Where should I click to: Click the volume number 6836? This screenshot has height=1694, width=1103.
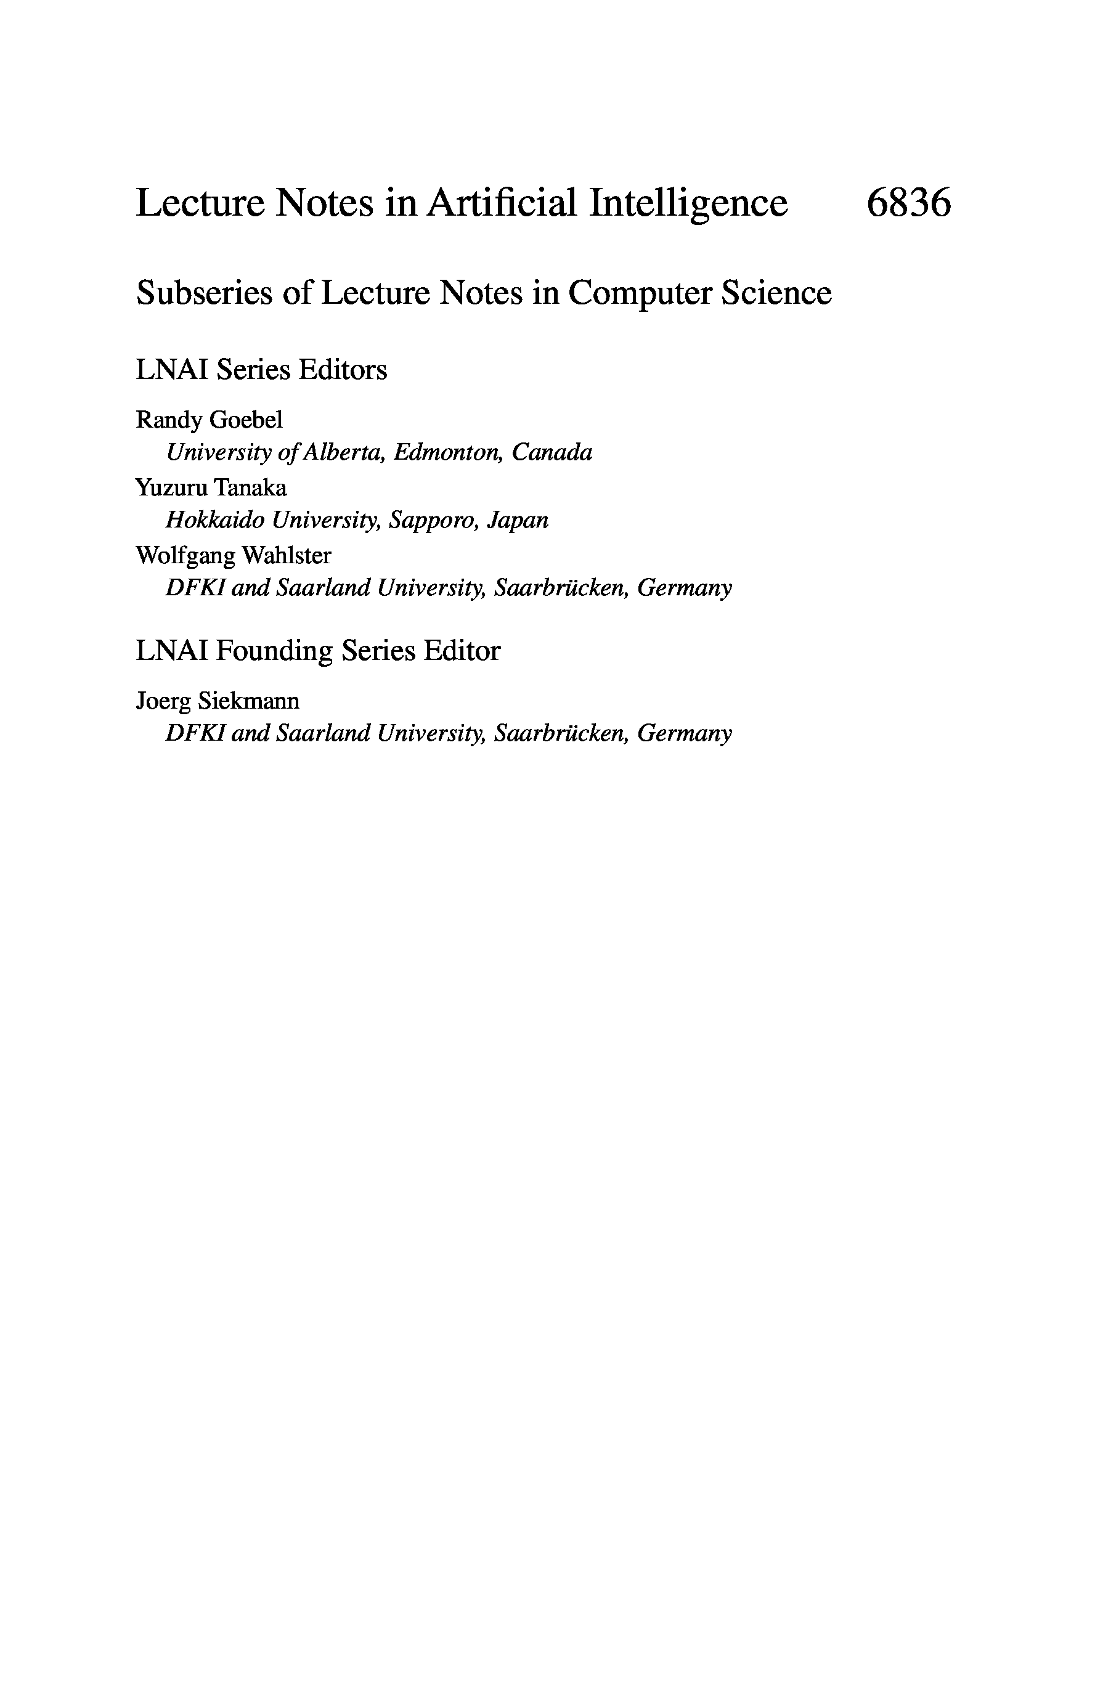(908, 203)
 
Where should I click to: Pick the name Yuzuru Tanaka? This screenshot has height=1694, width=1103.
(211, 487)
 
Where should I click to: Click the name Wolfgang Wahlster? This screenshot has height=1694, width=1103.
(234, 556)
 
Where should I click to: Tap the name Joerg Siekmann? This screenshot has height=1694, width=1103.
(218, 701)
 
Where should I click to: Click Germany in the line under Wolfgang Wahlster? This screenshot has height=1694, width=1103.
(685, 588)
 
